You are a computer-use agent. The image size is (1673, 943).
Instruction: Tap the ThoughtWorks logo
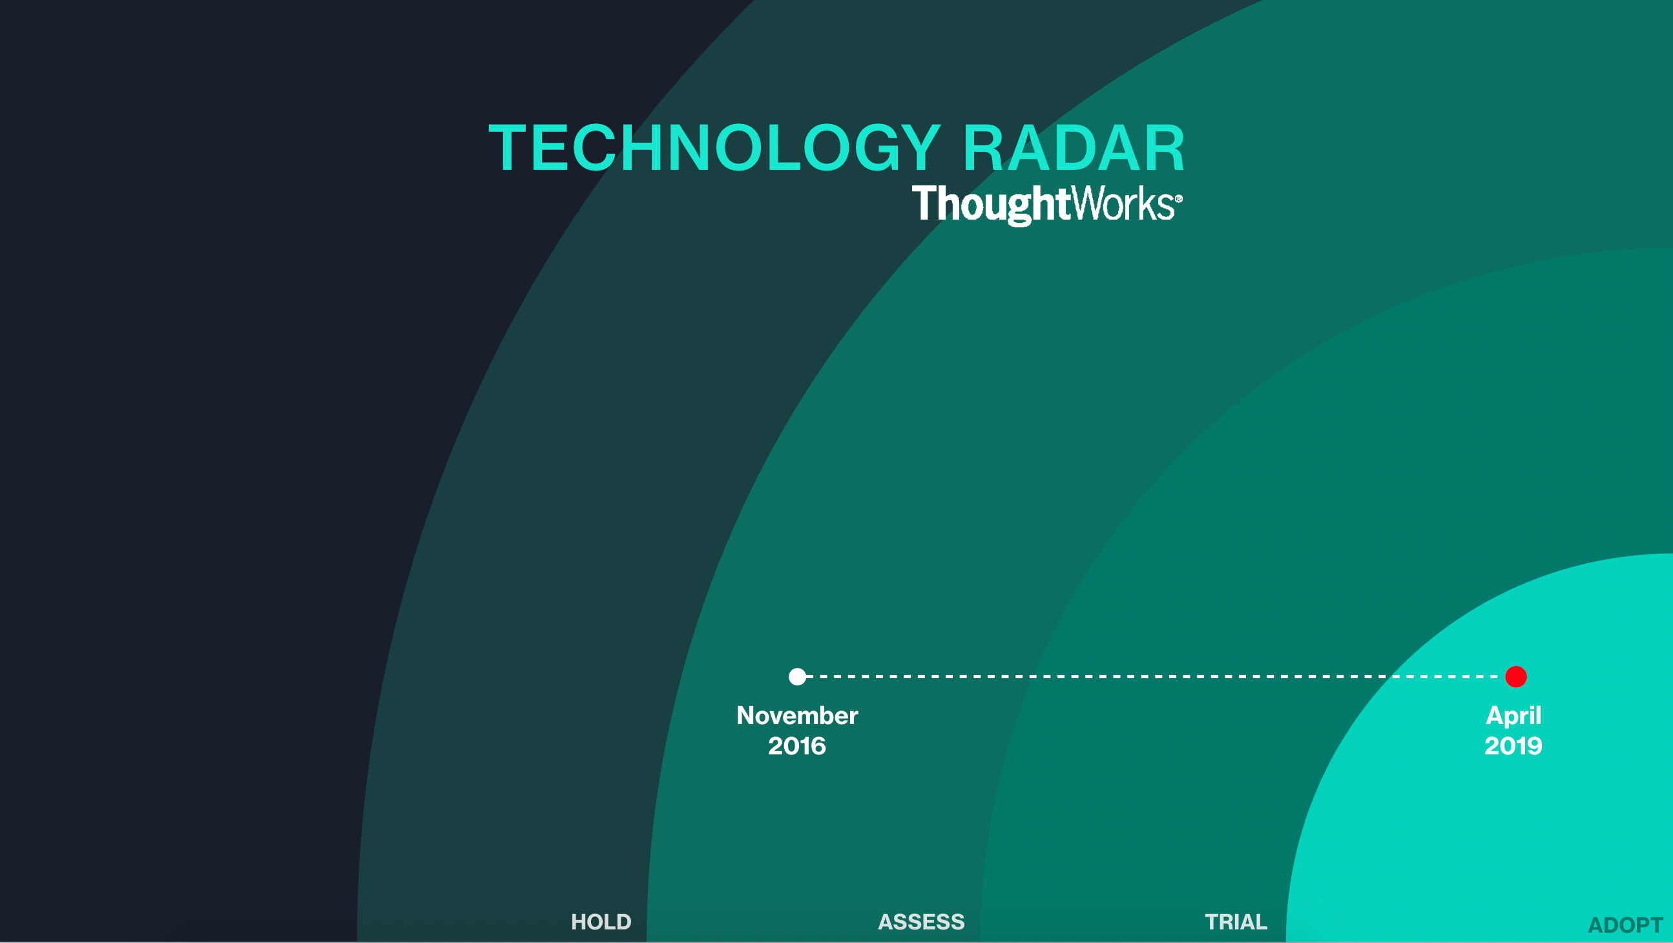(x=1046, y=205)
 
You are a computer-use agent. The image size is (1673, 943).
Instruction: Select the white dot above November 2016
(x=797, y=677)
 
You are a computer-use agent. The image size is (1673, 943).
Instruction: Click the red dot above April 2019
(x=1516, y=677)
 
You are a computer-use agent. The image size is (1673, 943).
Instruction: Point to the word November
(x=797, y=716)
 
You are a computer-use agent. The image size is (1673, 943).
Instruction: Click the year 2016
(x=797, y=746)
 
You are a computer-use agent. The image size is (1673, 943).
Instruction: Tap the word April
(x=1513, y=716)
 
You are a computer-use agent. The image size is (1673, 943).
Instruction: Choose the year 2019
(x=1513, y=746)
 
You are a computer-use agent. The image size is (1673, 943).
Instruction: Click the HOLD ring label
(x=601, y=922)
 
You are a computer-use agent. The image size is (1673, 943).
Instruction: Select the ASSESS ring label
(x=921, y=922)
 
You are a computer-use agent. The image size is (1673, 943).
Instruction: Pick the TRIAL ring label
(x=1236, y=922)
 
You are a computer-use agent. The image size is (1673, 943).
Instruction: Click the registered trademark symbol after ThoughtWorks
(x=1179, y=199)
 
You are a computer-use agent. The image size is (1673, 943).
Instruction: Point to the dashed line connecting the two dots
(x=1156, y=677)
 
